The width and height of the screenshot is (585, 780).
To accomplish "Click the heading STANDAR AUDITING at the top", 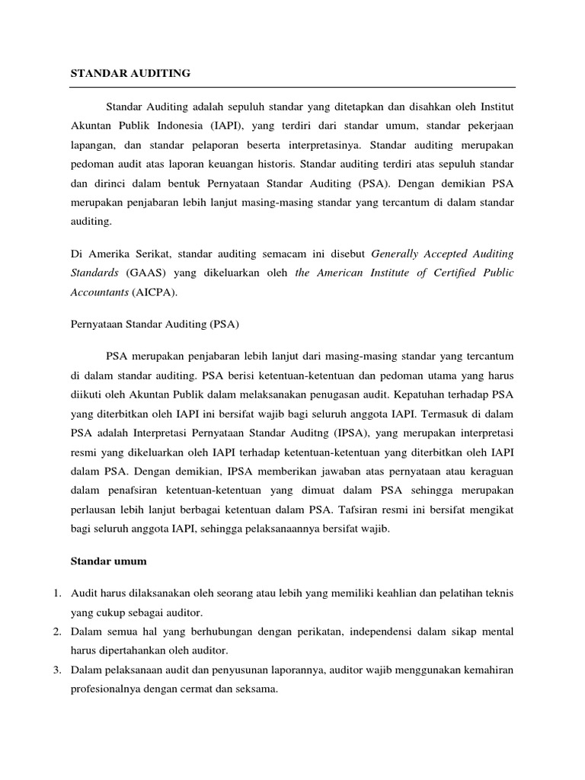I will point(130,74).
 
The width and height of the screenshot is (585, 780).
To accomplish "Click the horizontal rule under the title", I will point(292,88).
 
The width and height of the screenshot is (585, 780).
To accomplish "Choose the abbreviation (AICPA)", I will point(155,292).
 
